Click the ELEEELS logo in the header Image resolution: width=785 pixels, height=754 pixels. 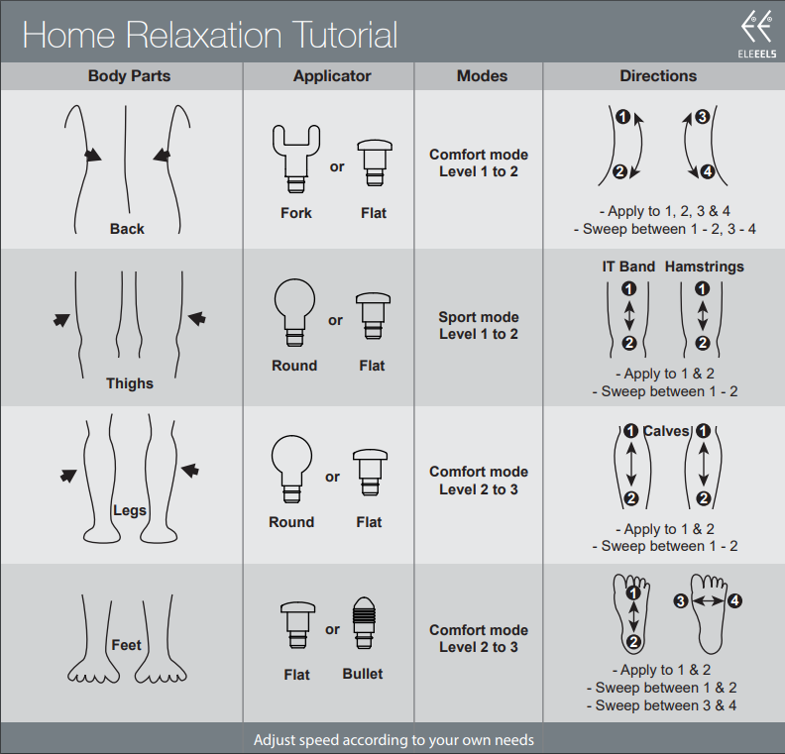pyautogui.click(x=756, y=35)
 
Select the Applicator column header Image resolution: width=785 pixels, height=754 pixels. pyautogui.click(x=332, y=76)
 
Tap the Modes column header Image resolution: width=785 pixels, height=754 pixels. pyautogui.click(x=482, y=76)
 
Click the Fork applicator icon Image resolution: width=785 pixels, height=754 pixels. pyautogui.click(x=296, y=159)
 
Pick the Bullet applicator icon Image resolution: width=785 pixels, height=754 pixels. pyautogui.click(x=364, y=623)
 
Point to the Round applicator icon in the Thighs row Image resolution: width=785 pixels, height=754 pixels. pyautogui.click(x=294, y=312)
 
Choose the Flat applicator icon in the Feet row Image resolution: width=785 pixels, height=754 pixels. pyautogui.click(x=297, y=625)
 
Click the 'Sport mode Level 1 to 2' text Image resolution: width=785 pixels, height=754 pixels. pyautogui.click(x=479, y=325)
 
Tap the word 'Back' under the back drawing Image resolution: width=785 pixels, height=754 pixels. pyautogui.click(x=127, y=229)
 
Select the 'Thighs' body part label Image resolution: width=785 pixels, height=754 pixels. pyautogui.click(x=130, y=383)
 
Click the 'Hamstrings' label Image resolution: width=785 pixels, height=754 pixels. pyautogui.click(x=704, y=267)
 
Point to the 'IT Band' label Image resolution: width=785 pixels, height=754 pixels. pyautogui.click(x=628, y=267)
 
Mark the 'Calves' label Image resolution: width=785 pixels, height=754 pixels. pyautogui.click(x=666, y=431)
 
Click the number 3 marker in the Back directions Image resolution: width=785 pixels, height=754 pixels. pyautogui.click(x=703, y=117)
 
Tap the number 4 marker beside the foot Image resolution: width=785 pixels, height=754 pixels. pyautogui.click(x=734, y=600)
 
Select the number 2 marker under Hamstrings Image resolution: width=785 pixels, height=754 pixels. pyautogui.click(x=703, y=343)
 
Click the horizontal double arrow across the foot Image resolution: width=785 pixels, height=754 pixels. pyautogui.click(x=708, y=600)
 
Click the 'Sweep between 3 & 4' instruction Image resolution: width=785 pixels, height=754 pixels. pyautogui.click(x=661, y=705)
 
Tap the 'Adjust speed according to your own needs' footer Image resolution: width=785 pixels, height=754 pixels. pyautogui.click(x=393, y=740)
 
